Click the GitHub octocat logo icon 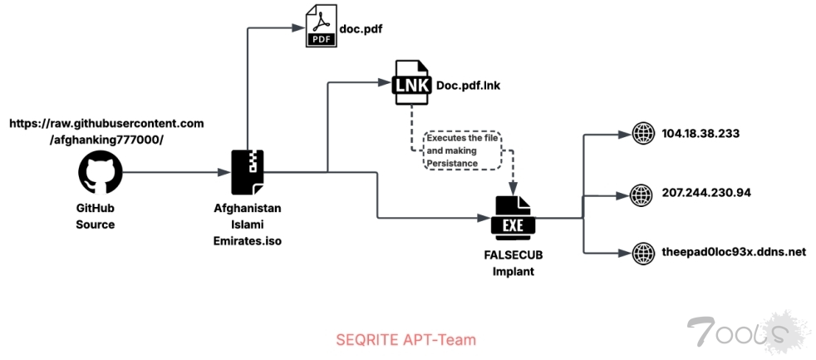coord(101,172)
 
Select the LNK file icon coord(412,83)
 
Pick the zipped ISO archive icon coord(248,171)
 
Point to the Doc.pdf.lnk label coord(468,84)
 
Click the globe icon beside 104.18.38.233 coord(643,134)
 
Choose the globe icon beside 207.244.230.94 coord(643,194)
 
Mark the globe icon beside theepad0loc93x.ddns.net coord(643,252)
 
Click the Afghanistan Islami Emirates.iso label coord(248,224)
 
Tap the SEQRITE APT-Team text coord(406,339)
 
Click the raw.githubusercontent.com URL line coord(106,122)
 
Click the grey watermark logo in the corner coord(740,331)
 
